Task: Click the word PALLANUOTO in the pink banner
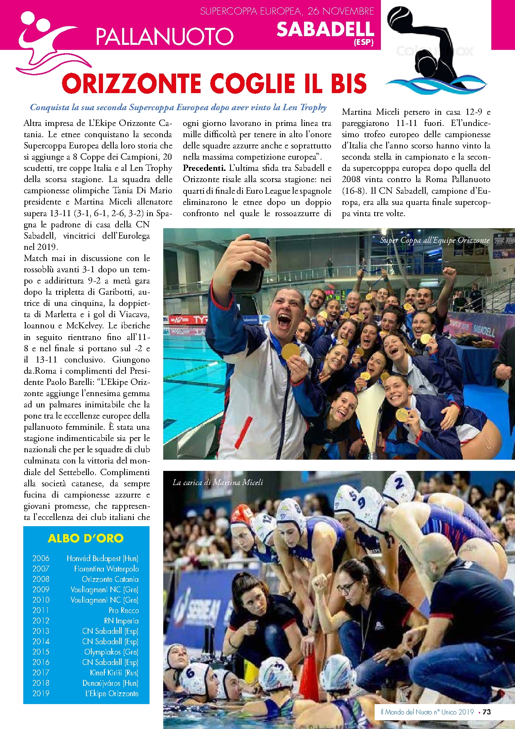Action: [x=164, y=36]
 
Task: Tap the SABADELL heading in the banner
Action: [x=325, y=29]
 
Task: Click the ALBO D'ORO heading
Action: [x=86, y=538]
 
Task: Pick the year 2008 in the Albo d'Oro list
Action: [x=41, y=579]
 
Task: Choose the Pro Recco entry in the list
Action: [x=123, y=610]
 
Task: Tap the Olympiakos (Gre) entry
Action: [x=111, y=652]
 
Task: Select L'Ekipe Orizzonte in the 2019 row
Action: [x=112, y=693]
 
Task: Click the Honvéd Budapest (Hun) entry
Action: [x=102, y=558]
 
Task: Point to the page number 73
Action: [x=487, y=712]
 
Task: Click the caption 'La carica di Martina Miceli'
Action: [x=218, y=483]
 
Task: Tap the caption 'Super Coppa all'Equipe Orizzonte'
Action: [x=434, y=240]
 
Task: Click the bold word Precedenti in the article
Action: [x=204, y=168]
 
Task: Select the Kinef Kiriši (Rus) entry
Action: [x=114, y=672]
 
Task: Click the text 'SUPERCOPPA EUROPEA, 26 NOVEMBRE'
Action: [x=287, y=11]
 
